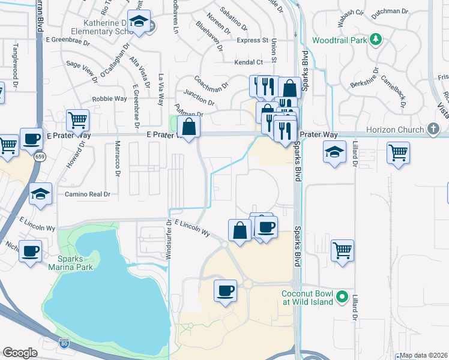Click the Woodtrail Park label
tap(339, 41)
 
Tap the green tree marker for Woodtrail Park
tap(376, 40)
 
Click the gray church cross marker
tap(433, 129)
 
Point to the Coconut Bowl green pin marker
tap(342, 296)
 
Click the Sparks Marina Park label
tap(72, 262)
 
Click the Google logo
tap(20, 353)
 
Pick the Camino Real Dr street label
tap(88, 194)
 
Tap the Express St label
tap(252, 40)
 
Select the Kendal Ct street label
tap(249, 62)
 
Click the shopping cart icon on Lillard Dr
tap(342, 250)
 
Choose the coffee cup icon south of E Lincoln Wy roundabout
tap(226, 290)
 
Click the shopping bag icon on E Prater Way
tap(188, 127)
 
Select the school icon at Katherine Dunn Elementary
tap(139, 22)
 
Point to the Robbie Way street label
tap(109, 98)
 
